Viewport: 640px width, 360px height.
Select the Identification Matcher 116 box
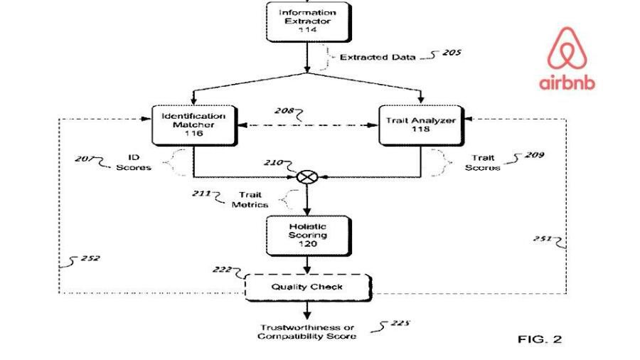pyautogui.click(x=193, y=125)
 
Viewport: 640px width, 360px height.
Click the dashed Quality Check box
pyautogui.click(x=307, y=287)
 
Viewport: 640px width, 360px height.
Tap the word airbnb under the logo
pyautogui.click(x=567, y=83)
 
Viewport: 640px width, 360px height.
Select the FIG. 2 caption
pyautogui.click(x=539, y=339)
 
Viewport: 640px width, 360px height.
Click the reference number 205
pyautogui.click(x=451, y=53)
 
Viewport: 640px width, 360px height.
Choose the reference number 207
pyautogui.click(x=85, y=159)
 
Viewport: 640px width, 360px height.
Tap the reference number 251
pyautogui.click(x=543, y=239)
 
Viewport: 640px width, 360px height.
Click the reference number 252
pyautogui.click(x=90, y=258)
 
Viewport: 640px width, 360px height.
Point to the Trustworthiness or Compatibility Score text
pyautogui.click(x=307, y=331)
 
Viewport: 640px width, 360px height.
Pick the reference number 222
pyautogui.click(x=222, y=269)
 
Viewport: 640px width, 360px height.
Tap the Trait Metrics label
pyautogui.click(x=250, y=198)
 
